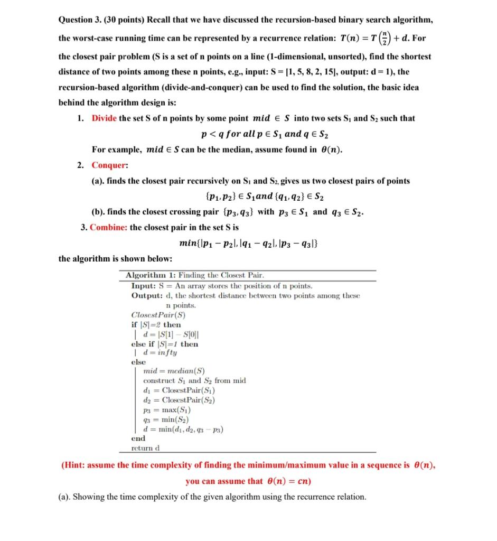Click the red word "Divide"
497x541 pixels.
click(x=105, y=118)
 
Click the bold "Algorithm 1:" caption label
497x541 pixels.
click(x=151, y=275)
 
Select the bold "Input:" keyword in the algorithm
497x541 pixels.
click(x=143, y=286)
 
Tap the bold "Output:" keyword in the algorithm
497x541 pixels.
click(x=146, y=295)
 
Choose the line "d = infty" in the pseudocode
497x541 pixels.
click(x=157, y=352)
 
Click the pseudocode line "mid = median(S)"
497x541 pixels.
click(x=174, y=371)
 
